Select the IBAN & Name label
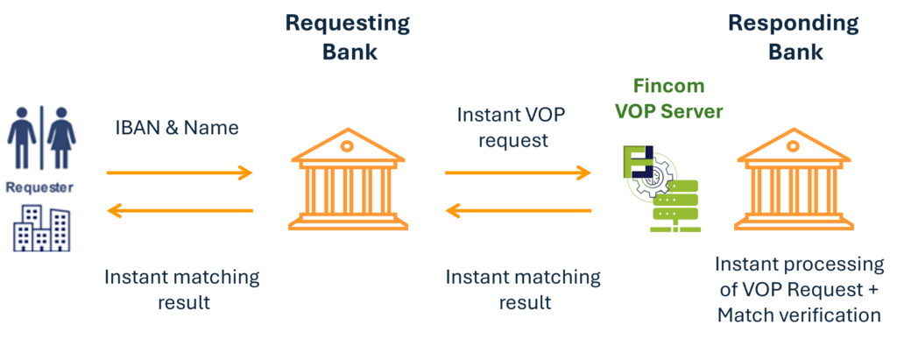[x=177, y=128]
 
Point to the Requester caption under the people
[x=39, y=187]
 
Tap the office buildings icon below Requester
[x=40, y=226]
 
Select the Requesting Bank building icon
[x=348, y=179]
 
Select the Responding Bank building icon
[x=795, y=179]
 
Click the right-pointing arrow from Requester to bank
[x=180, y=173]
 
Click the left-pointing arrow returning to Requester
[x=180, y=210]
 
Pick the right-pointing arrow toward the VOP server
[x=518, y=173]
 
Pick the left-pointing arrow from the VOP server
[x=518, y=210]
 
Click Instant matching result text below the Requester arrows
[x=182, y=290]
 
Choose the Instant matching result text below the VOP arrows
[x=524, y=290]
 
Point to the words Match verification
[x=798, y=314]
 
